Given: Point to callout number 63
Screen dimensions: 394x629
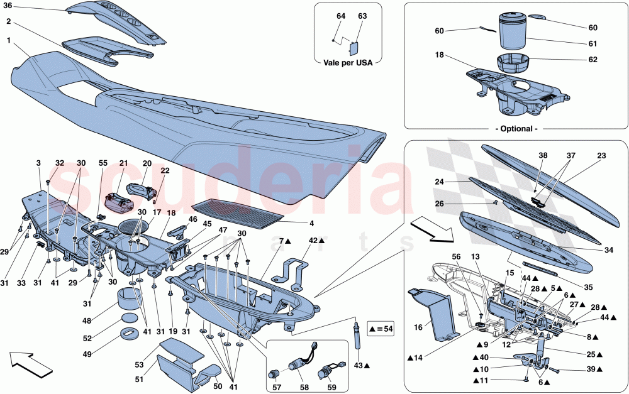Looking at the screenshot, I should click(x=362, y=16).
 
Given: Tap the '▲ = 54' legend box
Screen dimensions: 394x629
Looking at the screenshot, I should click(x=378, y=328).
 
